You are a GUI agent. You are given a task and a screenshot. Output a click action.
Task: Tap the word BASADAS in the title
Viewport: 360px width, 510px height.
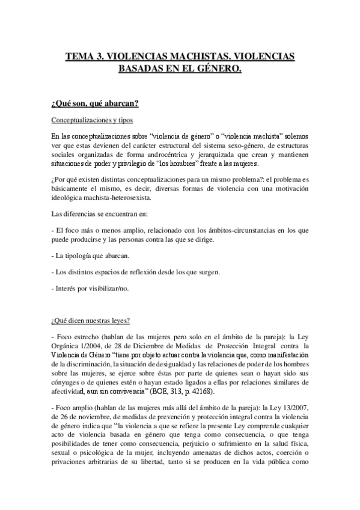(x=139, y=69)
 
